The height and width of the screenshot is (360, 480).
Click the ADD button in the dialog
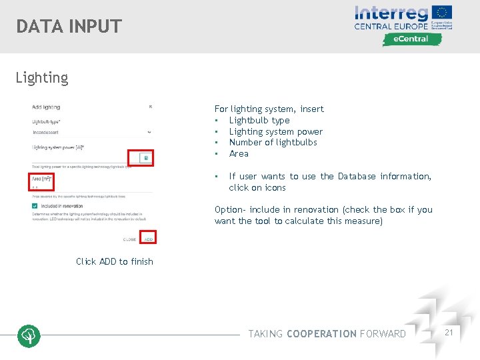[149, 239]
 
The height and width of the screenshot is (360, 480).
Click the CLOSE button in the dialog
[130, 239]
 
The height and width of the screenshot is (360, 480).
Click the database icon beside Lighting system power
[146, 158]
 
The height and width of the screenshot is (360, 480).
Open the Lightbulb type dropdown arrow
[149, 132]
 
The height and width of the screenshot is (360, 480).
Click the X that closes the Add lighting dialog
[150, 107]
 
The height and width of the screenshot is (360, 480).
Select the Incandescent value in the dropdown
[46, 132]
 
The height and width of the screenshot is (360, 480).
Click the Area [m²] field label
[42, 179]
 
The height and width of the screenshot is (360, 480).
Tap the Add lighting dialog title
[46, 107]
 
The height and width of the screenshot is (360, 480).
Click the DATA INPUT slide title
[69, 27]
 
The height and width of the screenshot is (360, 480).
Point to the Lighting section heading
[42, 78]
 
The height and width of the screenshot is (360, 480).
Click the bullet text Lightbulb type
[259, 120]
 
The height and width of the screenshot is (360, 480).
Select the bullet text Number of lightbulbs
[273, 142]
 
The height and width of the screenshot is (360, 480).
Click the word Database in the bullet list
[357, 176]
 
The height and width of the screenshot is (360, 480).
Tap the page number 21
[449, 332]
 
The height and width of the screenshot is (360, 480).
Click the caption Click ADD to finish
[115, 261]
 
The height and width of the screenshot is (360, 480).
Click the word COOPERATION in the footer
[321, 333]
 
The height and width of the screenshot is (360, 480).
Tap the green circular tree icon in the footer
[29, 336]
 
